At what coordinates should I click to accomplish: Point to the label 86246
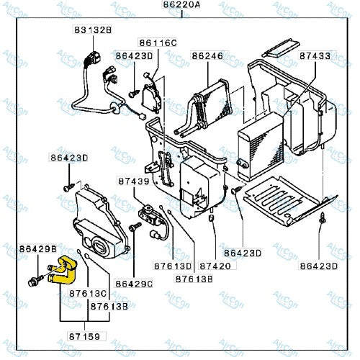pos(206,55)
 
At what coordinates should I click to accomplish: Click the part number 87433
pos(315,55)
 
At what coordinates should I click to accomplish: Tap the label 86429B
pos(37,248)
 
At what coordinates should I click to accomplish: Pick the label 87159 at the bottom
pos(87,335)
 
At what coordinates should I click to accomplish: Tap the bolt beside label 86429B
pos(34,279)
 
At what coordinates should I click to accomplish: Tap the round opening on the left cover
pos(111,247)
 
